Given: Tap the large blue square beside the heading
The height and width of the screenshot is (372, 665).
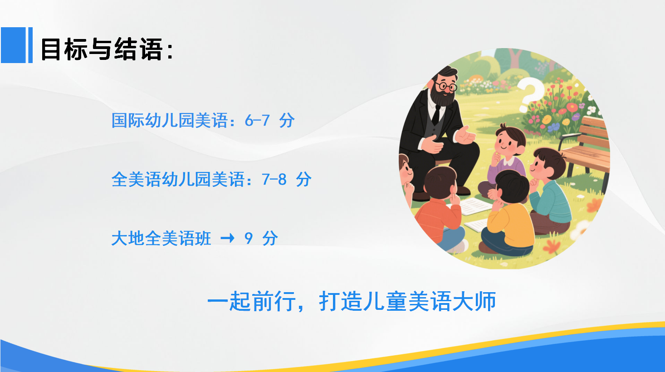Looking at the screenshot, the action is click(x=13, y=45).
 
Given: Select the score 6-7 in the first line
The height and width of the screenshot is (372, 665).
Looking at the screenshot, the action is click(x=257, y=121).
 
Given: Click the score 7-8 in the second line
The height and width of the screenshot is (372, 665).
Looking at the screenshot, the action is click(x=274, y=179).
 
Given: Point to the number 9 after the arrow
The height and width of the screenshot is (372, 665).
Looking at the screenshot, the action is click(x=249, y=238).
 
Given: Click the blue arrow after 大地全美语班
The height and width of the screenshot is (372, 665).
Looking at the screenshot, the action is click(x=227, y=238).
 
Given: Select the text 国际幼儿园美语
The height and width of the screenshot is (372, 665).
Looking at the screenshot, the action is click(x=170, y=120).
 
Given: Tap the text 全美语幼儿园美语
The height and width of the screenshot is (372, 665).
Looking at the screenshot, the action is click(x=178, y=179).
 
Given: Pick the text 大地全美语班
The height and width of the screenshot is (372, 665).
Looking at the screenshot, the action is click(x=161, y=238).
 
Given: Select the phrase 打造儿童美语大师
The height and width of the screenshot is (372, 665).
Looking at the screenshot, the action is click(x=407, y=301).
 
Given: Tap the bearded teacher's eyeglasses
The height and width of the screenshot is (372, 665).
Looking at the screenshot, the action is click(x=446, y=86).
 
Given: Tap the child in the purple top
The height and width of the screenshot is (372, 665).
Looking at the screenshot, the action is click(x=505, y=160).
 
